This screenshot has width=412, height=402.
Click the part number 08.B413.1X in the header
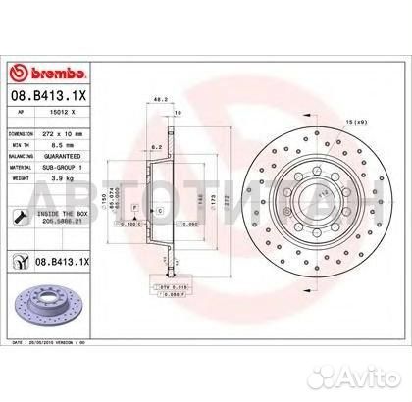pos(47,98)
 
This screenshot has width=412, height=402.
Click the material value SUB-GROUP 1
pos(82,166)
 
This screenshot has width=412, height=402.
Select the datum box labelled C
pos(159,211)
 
